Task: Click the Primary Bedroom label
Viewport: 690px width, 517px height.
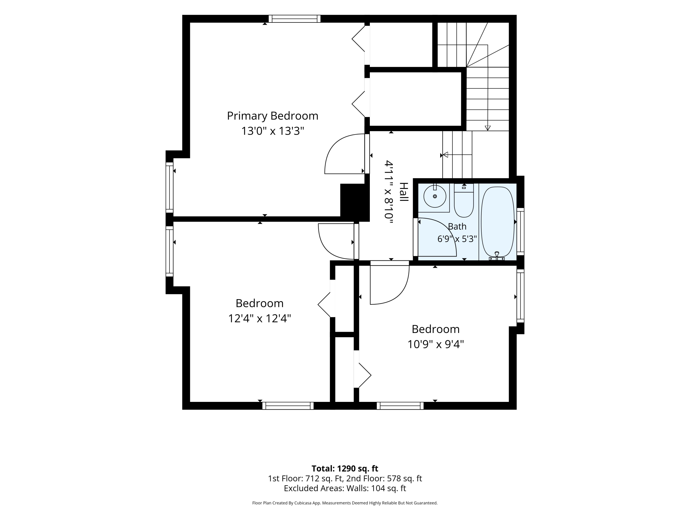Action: point(272,116)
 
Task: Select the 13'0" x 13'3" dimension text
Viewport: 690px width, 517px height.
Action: point(272,131)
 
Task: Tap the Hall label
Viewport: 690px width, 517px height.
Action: point(404,192)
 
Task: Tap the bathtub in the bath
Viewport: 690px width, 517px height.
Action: point(497,222)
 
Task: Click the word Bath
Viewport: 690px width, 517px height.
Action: point(457,227)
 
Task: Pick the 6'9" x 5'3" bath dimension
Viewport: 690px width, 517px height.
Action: point(457,239)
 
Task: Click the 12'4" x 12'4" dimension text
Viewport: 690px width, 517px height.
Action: point(259,318)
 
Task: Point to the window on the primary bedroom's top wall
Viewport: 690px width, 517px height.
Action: point(294,19)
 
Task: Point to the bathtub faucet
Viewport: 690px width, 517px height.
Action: point(497,256)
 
